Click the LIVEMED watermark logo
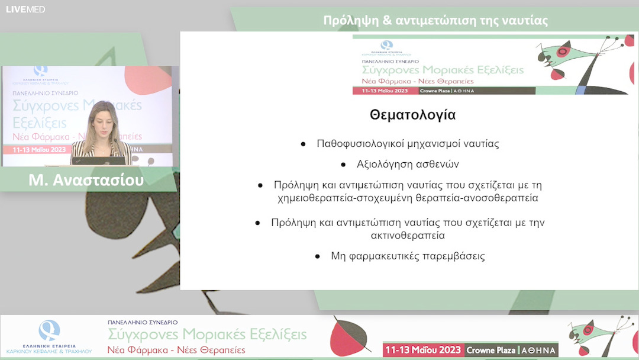point(25,9)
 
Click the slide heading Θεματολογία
point(412,115)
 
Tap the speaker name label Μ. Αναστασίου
point(86,179)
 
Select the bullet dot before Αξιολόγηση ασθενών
point(344,164)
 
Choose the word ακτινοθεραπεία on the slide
point(408,235)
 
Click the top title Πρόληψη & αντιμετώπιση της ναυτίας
point(435,20)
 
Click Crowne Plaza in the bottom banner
point(490,351)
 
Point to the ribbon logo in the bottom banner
point(49,329)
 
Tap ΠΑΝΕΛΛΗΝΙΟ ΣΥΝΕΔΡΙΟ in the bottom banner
point(143,322)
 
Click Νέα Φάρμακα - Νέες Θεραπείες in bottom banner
point(176,350)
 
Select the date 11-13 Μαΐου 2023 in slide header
point(385,91)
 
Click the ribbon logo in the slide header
point(386,45)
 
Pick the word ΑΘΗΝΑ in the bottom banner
point(538,351)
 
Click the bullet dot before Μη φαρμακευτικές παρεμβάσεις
point(318,256)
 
